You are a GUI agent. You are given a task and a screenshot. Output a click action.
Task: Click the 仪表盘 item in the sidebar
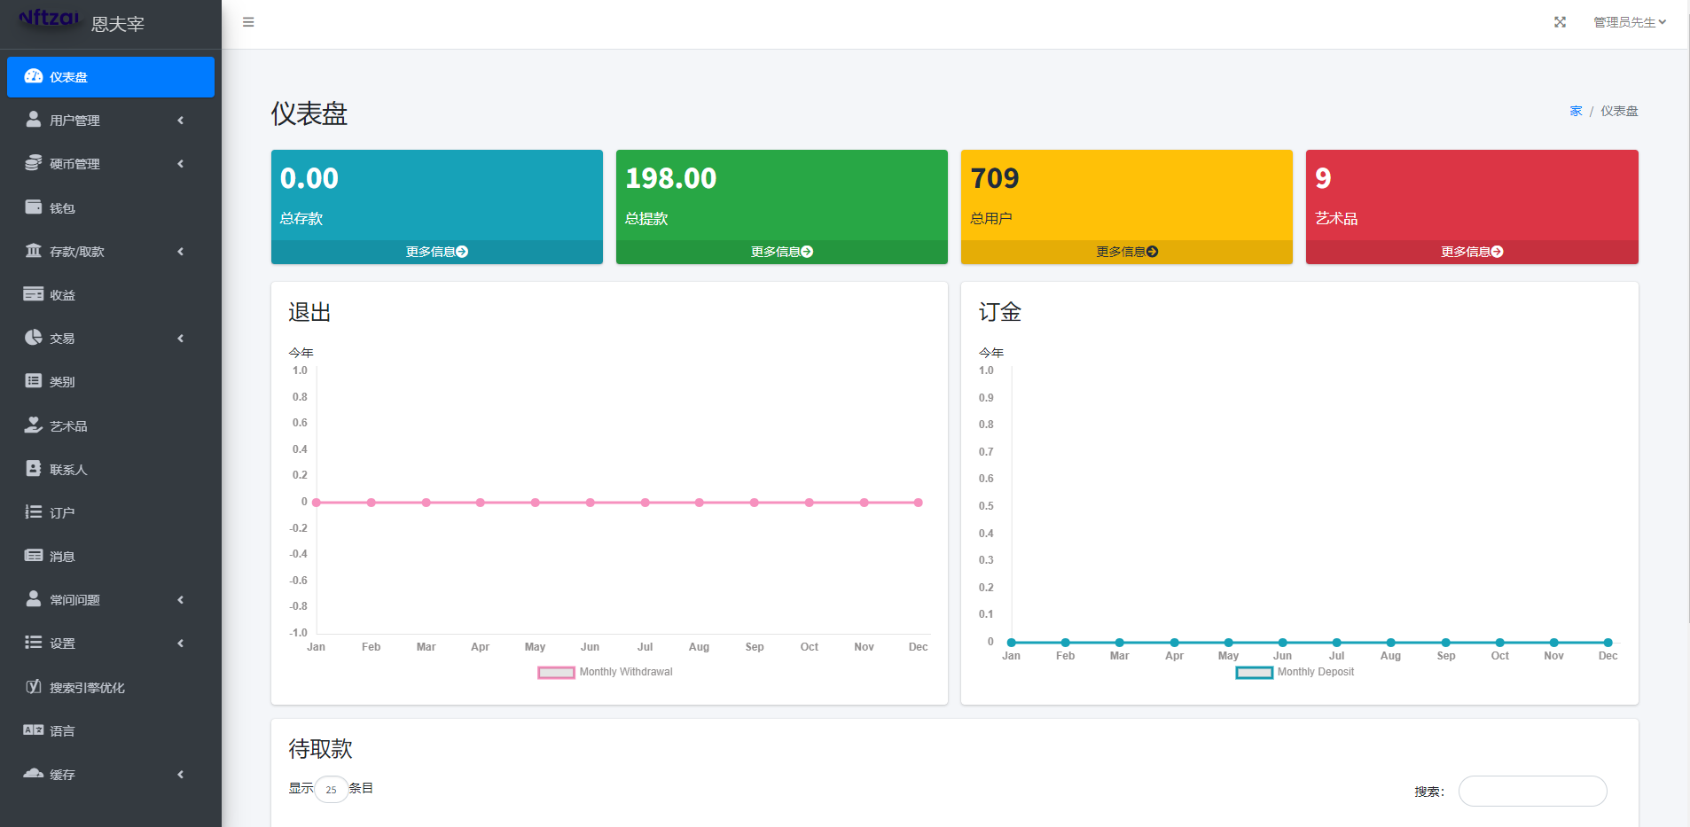tap(110, 77)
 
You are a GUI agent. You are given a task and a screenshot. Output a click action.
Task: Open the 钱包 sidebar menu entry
tap(62, 207)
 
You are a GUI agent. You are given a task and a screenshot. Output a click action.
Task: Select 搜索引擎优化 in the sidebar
tap(87, 687)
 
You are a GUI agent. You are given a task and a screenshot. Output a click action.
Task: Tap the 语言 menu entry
tap(62, 730)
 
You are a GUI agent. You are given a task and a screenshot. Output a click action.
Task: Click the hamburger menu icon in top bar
tap(248, 22)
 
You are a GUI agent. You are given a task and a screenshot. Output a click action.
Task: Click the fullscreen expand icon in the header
tap(1560, 22)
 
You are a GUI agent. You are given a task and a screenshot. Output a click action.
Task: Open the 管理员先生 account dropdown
tap(1629, 22)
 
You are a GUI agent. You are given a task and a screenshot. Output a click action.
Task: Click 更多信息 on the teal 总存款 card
tap(436, 252)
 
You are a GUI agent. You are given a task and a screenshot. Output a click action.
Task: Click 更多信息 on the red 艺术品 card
tap(1471, 252)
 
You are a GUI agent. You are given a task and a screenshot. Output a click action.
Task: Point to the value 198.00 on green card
tap(670, 178)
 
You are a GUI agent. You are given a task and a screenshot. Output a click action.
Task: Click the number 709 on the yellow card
tap(995, 178)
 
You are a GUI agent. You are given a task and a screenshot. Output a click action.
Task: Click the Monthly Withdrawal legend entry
tap(606, 672)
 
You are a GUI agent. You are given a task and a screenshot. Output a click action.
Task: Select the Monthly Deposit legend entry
tap(1295, 672)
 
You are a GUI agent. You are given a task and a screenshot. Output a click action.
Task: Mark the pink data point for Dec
tap(919, 503)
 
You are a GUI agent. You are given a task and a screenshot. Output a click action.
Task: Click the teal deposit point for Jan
tap(1012, 643)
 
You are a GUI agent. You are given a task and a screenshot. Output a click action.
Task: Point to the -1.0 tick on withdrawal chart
tap(299, 633)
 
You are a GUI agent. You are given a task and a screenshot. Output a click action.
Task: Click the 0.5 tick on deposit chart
tap(986, 506)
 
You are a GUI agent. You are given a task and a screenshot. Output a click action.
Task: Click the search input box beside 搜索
tap(1532, 791)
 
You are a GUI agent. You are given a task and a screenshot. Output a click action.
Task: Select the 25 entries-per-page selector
tap(331, 789)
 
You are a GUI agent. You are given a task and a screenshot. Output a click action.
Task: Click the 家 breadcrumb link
tap(1576, 111)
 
